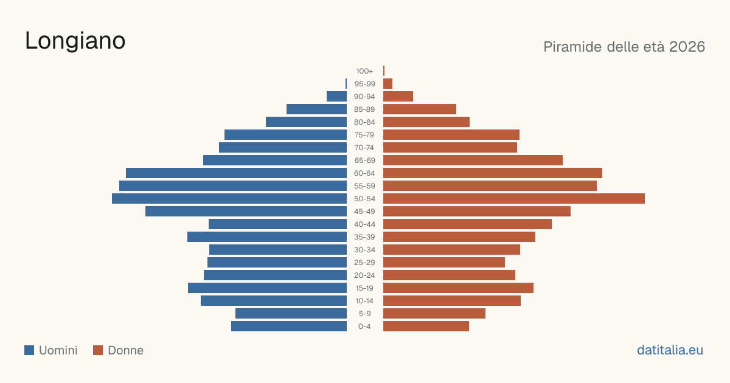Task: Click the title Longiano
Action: (x=75, y=41)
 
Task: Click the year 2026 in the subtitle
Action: (x=687, y=47)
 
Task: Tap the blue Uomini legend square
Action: (x=29, y=350)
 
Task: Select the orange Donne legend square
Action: (x=98, y=350)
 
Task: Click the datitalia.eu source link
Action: (x=670, y=350)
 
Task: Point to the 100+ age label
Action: (x=364, y=71)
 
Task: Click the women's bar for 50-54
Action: (x=514, y=199)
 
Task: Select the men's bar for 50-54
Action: (x=229, y=199)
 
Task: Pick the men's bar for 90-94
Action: (x=336, y=97)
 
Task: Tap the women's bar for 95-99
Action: (x=388, y=84)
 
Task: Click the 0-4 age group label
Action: (x=364, y=326)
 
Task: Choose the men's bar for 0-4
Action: (x=289, y=326)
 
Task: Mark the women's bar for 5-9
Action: (x=434, y=314)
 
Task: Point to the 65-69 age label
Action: (x=364, y=160)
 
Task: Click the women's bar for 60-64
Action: (x=493, y=173)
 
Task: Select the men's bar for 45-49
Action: (x=246, y=212)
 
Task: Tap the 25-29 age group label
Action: (x=364, y=263)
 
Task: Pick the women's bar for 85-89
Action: (x=420, y=109)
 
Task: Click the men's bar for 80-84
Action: (x=307, y=122)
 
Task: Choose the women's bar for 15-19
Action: (x=459, y=288)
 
